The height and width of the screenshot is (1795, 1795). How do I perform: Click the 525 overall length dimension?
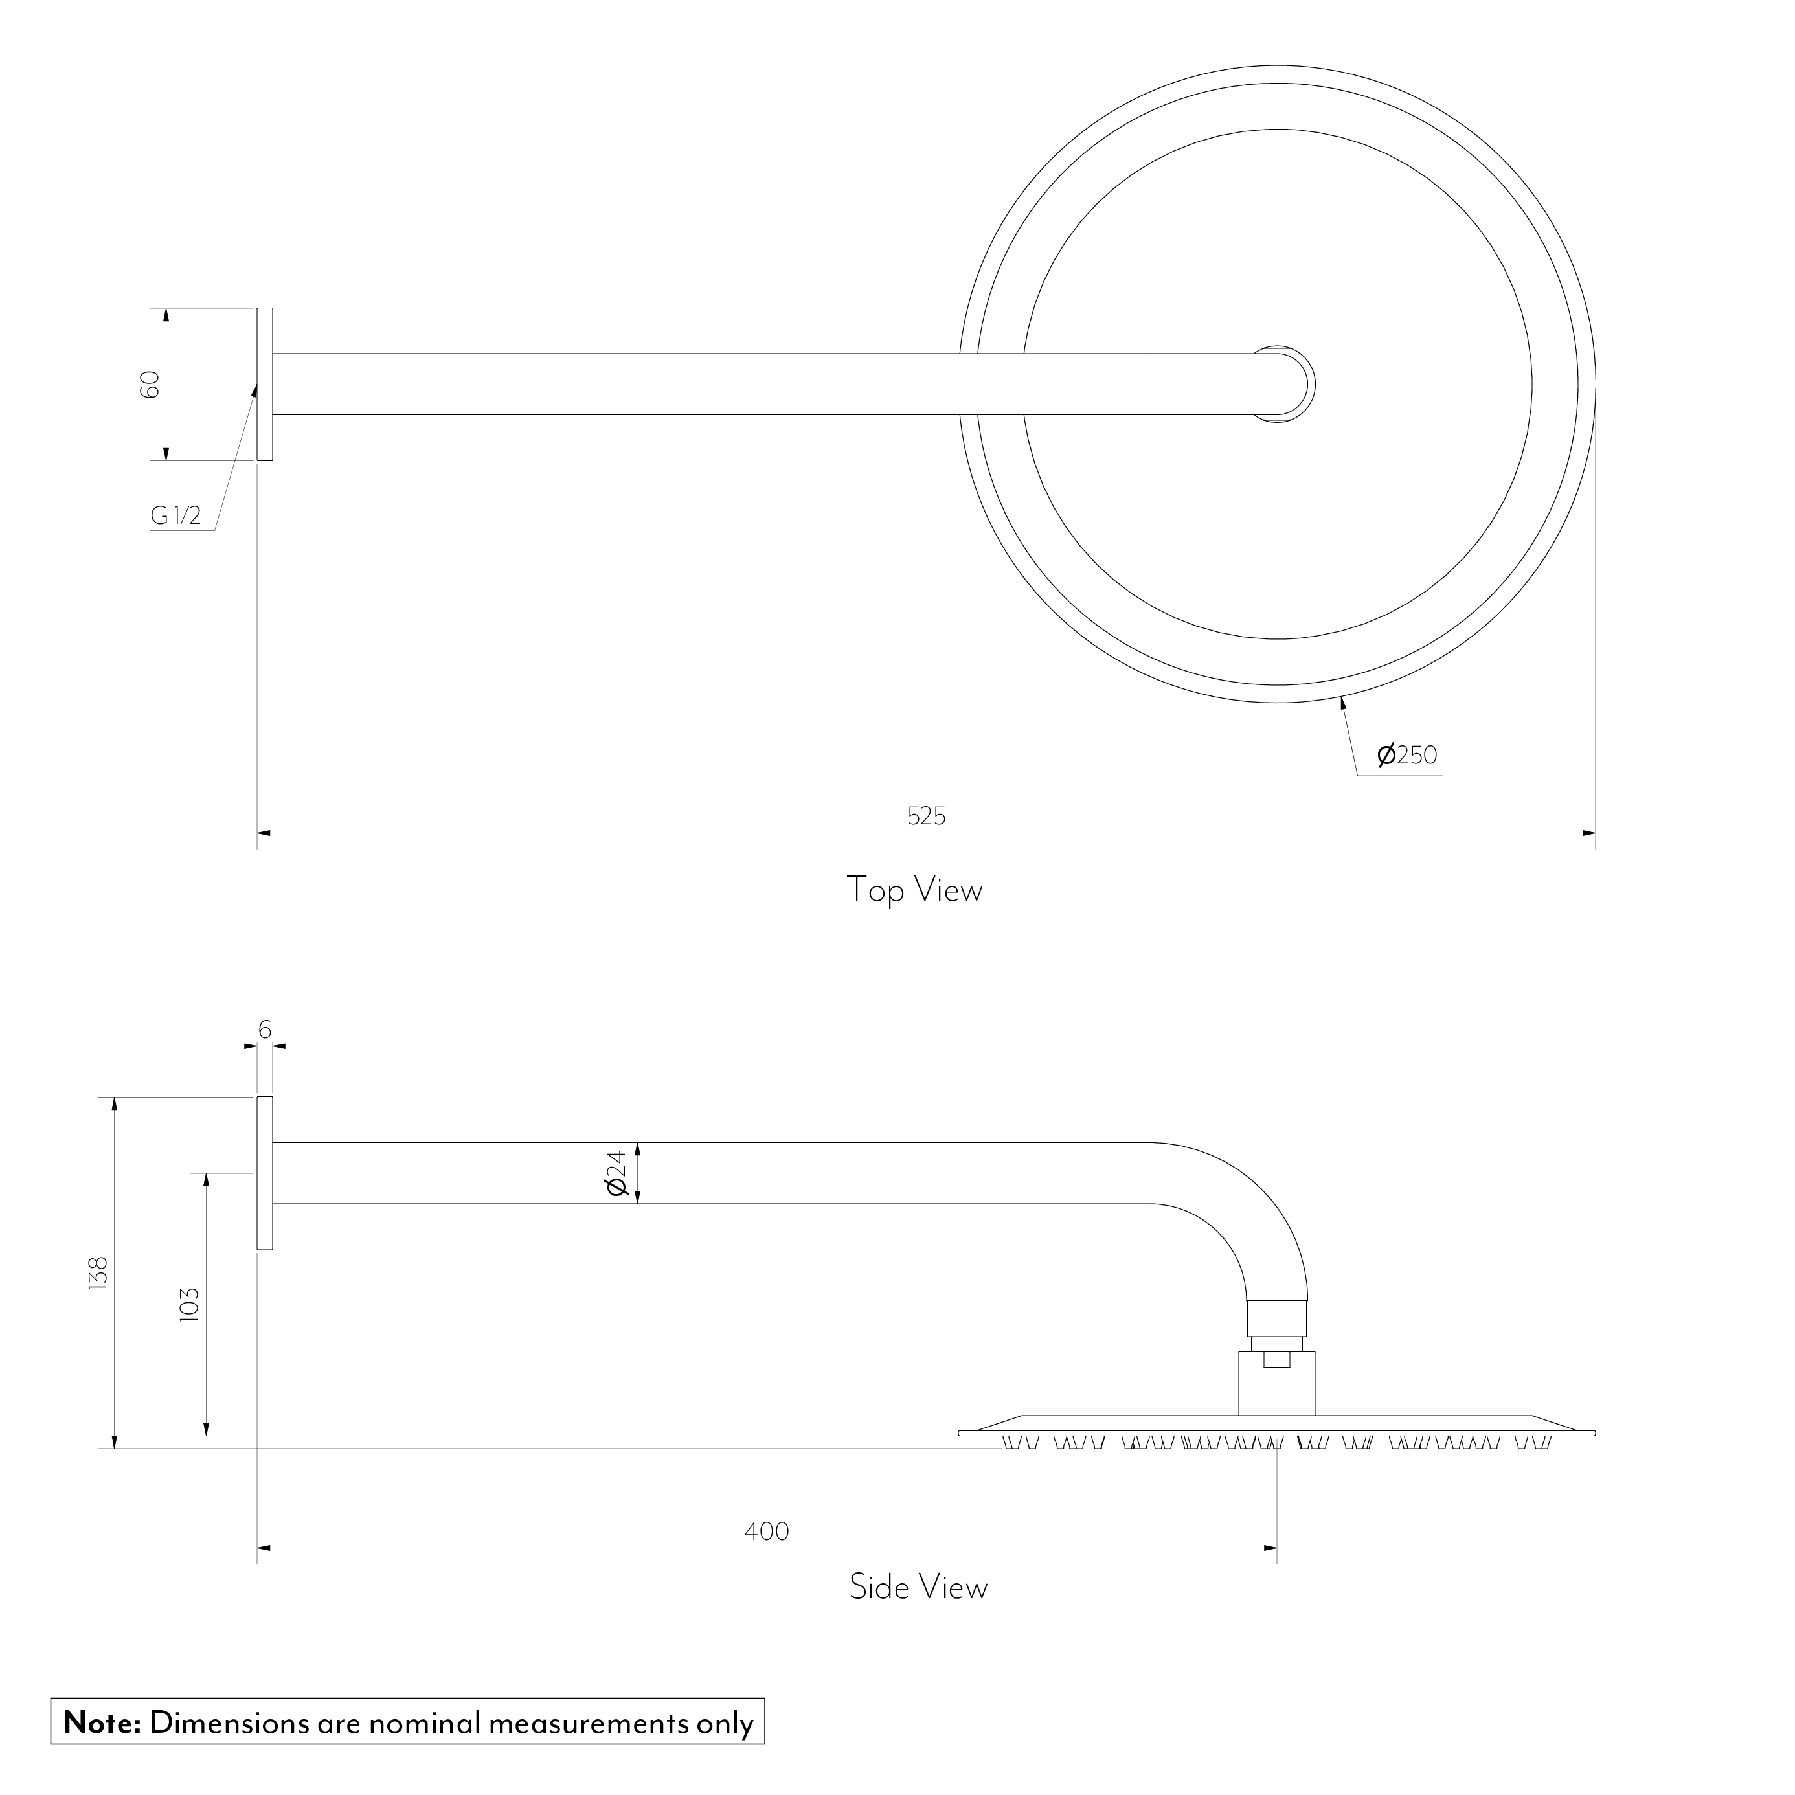pyautogui.click(x=926, y=816)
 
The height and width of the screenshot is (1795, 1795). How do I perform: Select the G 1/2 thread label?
pyautogui.click(x=175, y=515)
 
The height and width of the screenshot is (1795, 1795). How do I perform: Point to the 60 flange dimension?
pyautogui.click(x=150, y=384)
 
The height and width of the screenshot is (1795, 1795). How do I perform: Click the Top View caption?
pyautogui.click(x=914, y=890)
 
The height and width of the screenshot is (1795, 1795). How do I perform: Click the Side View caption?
pyautogui.click(x=918, y=1586)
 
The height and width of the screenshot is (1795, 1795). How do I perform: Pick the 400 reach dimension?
pyautogui.click(x=767, y=1530)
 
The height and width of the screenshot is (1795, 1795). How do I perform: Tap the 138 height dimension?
pyautogui.click(x=98, y=1272)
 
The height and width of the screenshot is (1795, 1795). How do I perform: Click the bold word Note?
pyautogui.click(x=101, y=1722)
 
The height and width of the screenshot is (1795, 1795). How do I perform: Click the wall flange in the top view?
pyautogui.click(x=265, y=384)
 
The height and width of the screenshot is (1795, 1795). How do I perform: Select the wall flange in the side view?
pyautogui.click(x=265, y=1173)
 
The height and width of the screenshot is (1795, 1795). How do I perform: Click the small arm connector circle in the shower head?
pyautogui.click(x=1285, y=384)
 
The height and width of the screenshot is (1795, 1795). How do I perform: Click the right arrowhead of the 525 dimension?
pyautogui.click(x=1588, y=833)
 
